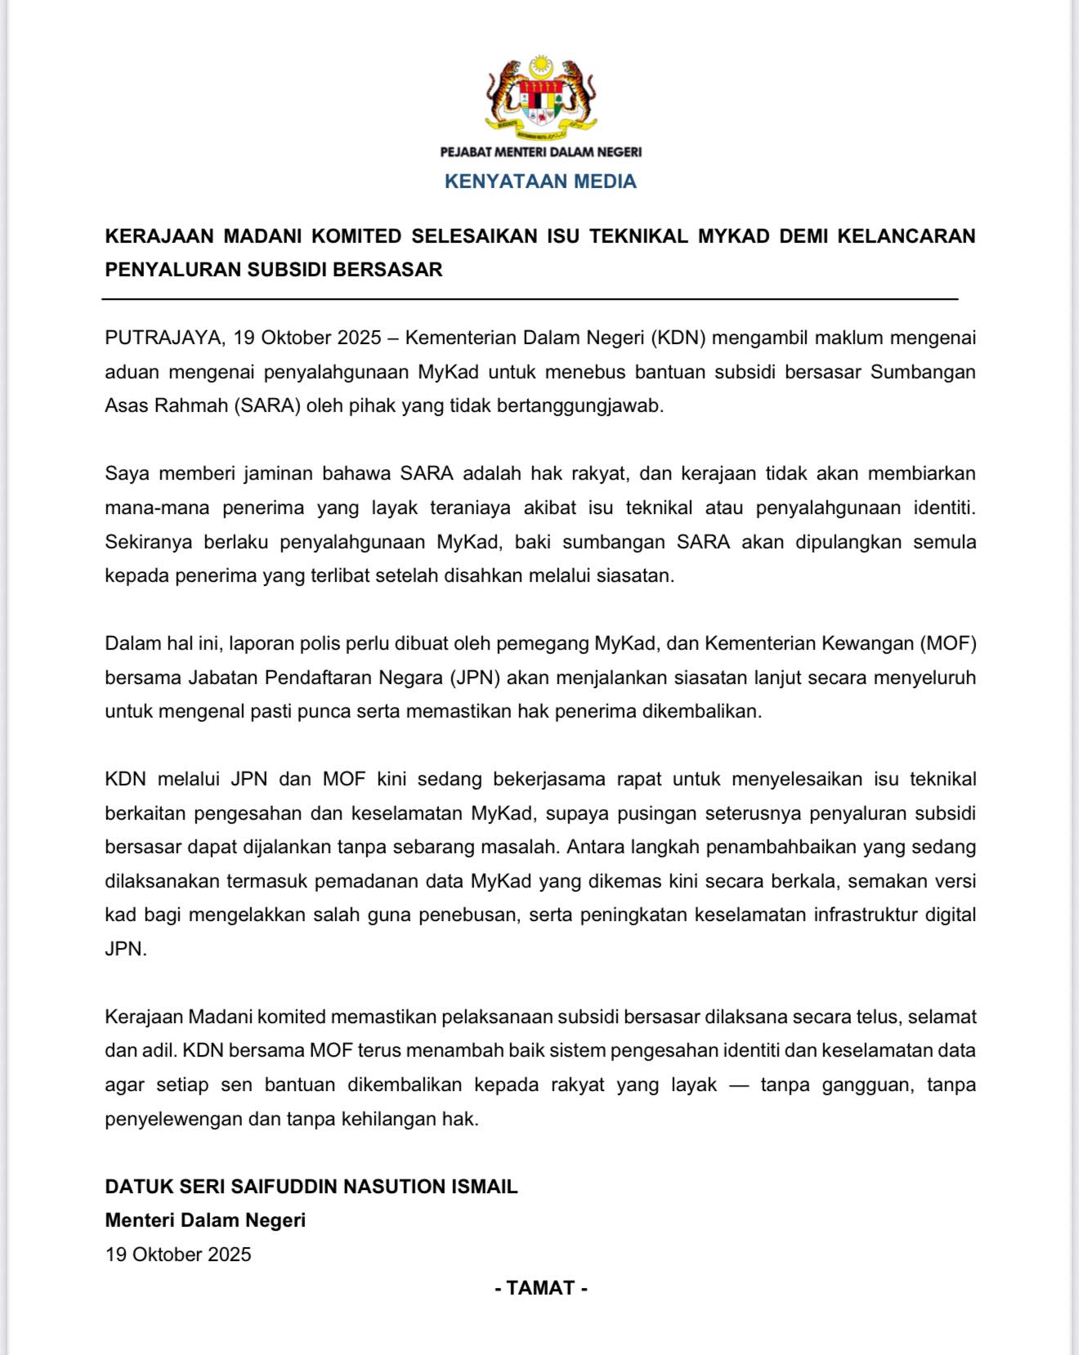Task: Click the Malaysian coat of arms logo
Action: pyautogui.click(x=540, y=96)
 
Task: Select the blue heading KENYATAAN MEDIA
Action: pyautogui.click(x=540, y=181)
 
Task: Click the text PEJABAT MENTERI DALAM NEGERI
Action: pyautogui.click(x=540, y=152)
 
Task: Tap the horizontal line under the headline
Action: pyautogui.click(x=530, y=300)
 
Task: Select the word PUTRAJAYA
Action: pyautogui.click(x=163, y=338)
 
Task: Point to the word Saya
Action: pyautogui.click(x=126, y=474)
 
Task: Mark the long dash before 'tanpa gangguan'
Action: pyautogui.click(x=738, y=1085)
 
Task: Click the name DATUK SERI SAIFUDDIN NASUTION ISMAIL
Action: pyautogui.click(x=311, y=1187)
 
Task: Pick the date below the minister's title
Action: pyautogui.click(x=178, y=1254)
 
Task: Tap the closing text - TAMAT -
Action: pyautogui.click(x=540, y=1289)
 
